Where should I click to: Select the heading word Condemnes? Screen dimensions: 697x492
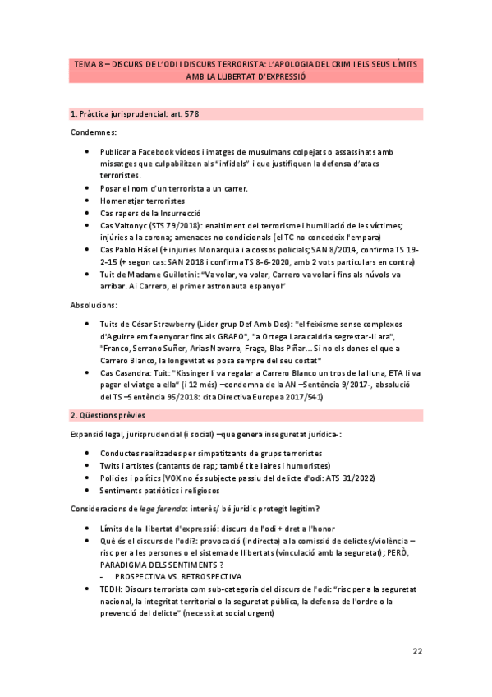pos(93,132)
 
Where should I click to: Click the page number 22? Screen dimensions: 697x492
pos(417,651)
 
